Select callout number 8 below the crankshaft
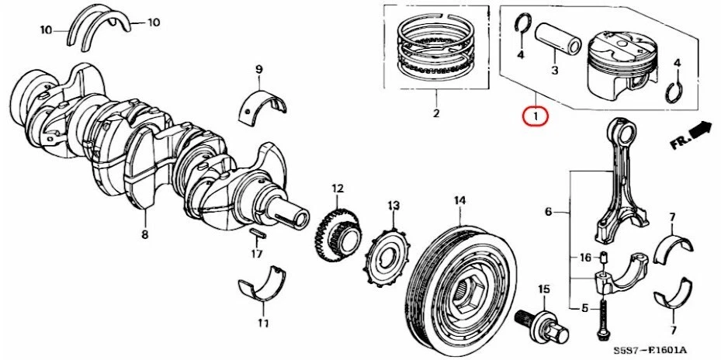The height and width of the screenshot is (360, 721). (144, 234)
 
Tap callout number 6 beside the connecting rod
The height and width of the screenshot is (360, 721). (548, 212)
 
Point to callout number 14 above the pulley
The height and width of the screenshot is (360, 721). (459, 200)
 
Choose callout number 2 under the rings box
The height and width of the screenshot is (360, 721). (435, 114)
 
